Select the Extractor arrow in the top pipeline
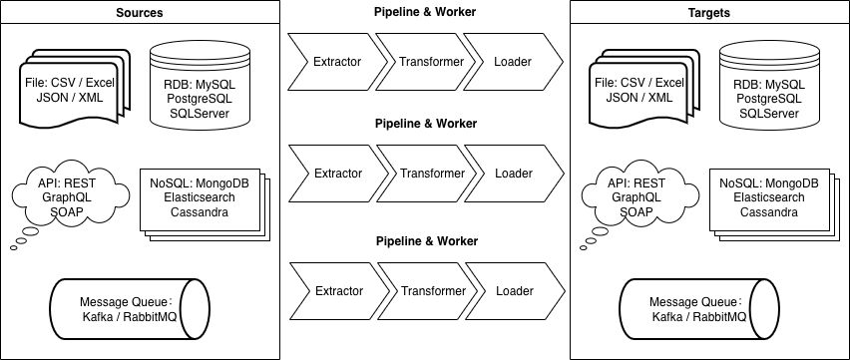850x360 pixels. click(x=337, y=62)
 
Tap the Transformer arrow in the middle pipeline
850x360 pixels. click(x=432, y=174)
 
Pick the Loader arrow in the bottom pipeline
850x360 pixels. click(x=514, y=291)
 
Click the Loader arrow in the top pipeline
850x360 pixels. click(x=514, y=62)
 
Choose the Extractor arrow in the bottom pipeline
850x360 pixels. click(x=337, y=291)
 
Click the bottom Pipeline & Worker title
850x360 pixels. click(x=426, y=241)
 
